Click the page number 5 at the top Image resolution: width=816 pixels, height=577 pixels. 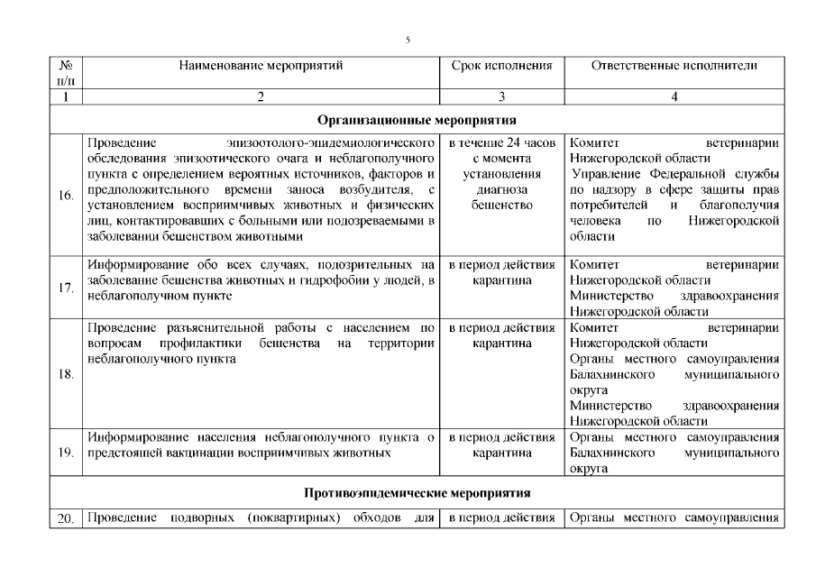click(x=408, y=41)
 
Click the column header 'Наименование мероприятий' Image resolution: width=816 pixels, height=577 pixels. click(x=261, y=66)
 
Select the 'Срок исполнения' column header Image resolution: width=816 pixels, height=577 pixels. click(x=501, y=66)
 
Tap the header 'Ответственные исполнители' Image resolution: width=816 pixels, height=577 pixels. click(x=674, y=66)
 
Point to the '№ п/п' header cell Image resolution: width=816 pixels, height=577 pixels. click(x=65, y=73)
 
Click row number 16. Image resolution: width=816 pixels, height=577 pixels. click(x=65, y=195)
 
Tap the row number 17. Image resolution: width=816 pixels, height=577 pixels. click(x=65, y=288)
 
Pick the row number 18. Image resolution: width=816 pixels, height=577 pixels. click(x=65, y=374)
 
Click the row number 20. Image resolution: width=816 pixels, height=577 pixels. click(x=65, y=517)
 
